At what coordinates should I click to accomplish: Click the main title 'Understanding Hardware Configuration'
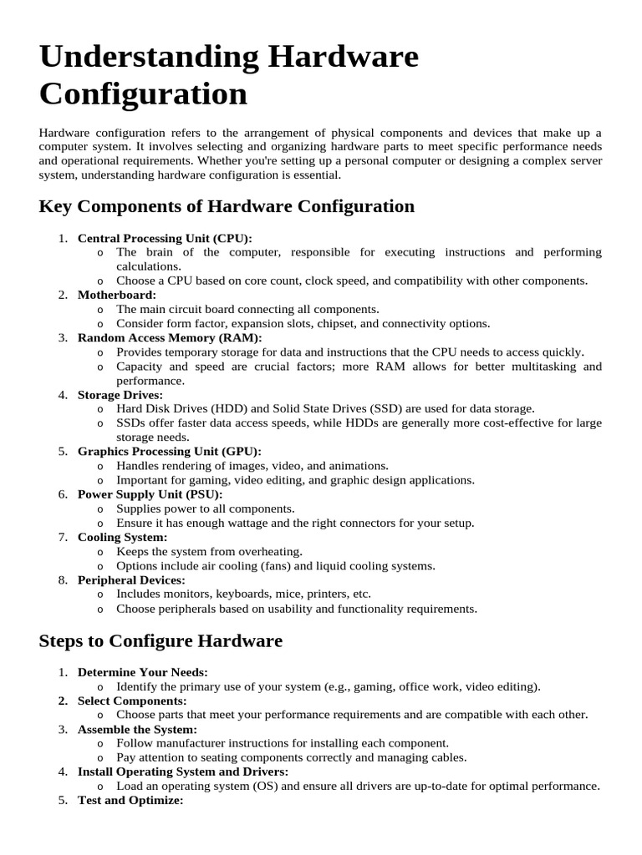click(x=228, y=75)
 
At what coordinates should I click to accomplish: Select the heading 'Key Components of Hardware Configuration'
click(x=227, y=206)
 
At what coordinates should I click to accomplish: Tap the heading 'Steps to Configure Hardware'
click(x=160, y=641)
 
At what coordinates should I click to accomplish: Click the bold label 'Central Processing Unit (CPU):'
click(x=165, y=238)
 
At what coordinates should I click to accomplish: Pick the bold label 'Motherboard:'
click(x=117, y=295)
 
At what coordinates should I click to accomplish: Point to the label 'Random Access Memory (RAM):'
click(x=170, y=337)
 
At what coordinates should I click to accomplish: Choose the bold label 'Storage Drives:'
click(x=120, y=395)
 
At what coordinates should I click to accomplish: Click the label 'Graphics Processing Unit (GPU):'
click(x=170, y=452)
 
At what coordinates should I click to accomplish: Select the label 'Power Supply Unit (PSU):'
click(x=150, y=494)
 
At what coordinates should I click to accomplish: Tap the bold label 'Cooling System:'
click(x=123, y=537)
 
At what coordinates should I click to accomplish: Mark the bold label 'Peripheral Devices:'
click(x=131, y=579)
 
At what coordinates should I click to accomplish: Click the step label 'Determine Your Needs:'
click(x=143, y=672)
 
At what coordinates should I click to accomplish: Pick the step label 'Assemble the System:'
click(x=137, y=729)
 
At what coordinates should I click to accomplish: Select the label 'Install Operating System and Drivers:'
click(x=183, y=772)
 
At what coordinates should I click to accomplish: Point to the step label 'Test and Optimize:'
click(x=130, y=800)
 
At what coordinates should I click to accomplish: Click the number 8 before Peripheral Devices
click(x=63, y=579)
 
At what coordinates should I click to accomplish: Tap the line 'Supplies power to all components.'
click(x=206, y=508)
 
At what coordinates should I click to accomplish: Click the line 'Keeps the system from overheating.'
click(x=209, y=551)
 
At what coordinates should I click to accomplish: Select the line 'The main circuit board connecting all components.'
click(x=247, y=309)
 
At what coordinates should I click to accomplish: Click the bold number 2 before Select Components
click(x=63, y=701)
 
